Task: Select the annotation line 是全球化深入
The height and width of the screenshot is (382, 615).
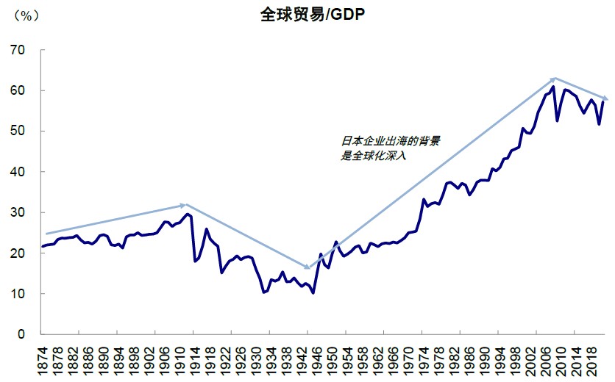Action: [x=374, y=156]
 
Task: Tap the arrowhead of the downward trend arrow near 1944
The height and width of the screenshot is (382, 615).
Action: [x=308, y=267]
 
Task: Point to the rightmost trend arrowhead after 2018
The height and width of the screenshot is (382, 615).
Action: [x=605, y=98]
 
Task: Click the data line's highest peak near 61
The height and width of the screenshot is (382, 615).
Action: [x=552, y=87]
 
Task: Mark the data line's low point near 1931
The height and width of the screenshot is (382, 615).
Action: [x=263, y=292]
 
